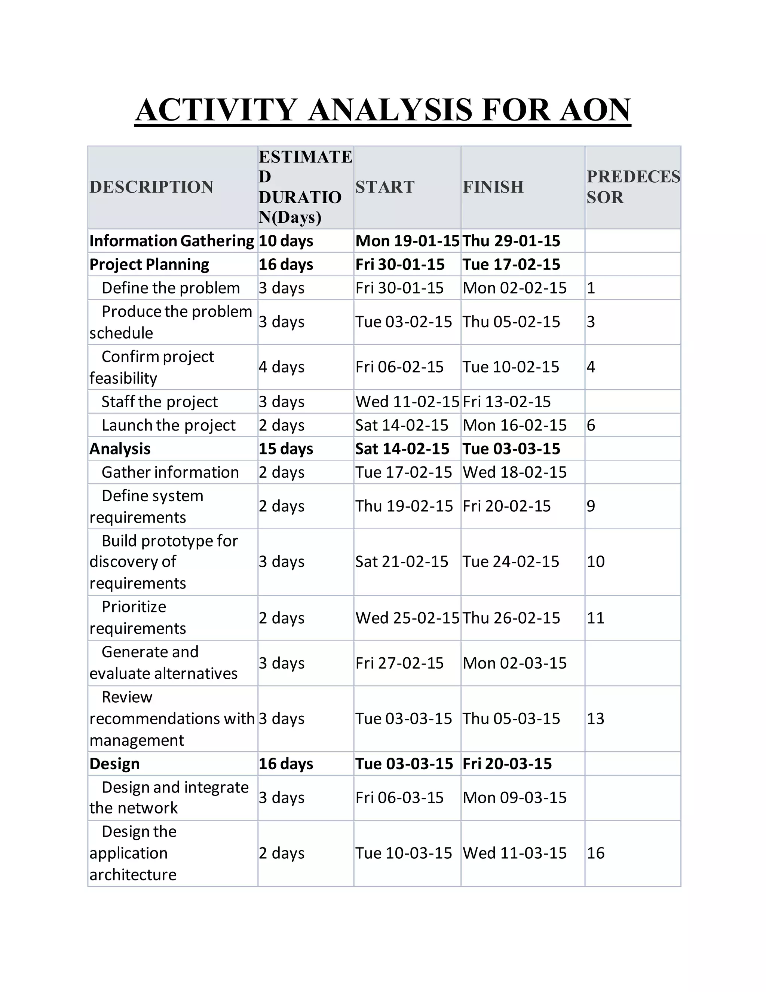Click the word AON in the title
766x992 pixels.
[x=594, y=110]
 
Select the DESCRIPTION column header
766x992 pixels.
[x=151, y=187]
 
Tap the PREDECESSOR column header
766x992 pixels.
[x=633, y=187]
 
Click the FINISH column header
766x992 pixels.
[x=493, y=187]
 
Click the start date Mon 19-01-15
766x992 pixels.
[x=407, y=241]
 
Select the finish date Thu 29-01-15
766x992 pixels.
[x=511, y=241]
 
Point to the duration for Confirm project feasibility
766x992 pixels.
[x=281, y=366]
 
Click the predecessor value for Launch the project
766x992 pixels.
[x=591, y=425]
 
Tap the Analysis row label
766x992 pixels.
[x=120, y=449]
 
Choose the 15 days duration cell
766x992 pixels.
[x=286, y=449]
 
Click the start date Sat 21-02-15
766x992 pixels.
[x=402, y=562]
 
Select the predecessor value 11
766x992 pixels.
[x=595, y=618]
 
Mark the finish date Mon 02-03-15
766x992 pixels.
[x=515, y=663]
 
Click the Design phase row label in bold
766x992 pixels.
[x=114, y=764]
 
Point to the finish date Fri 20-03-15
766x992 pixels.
[x=507, y=764]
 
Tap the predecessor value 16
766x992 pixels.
[x=595, y=853]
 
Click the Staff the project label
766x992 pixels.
[x=159, y=402]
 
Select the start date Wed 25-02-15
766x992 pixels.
[x=407, y=618]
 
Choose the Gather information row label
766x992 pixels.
[x=170, y=472]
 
